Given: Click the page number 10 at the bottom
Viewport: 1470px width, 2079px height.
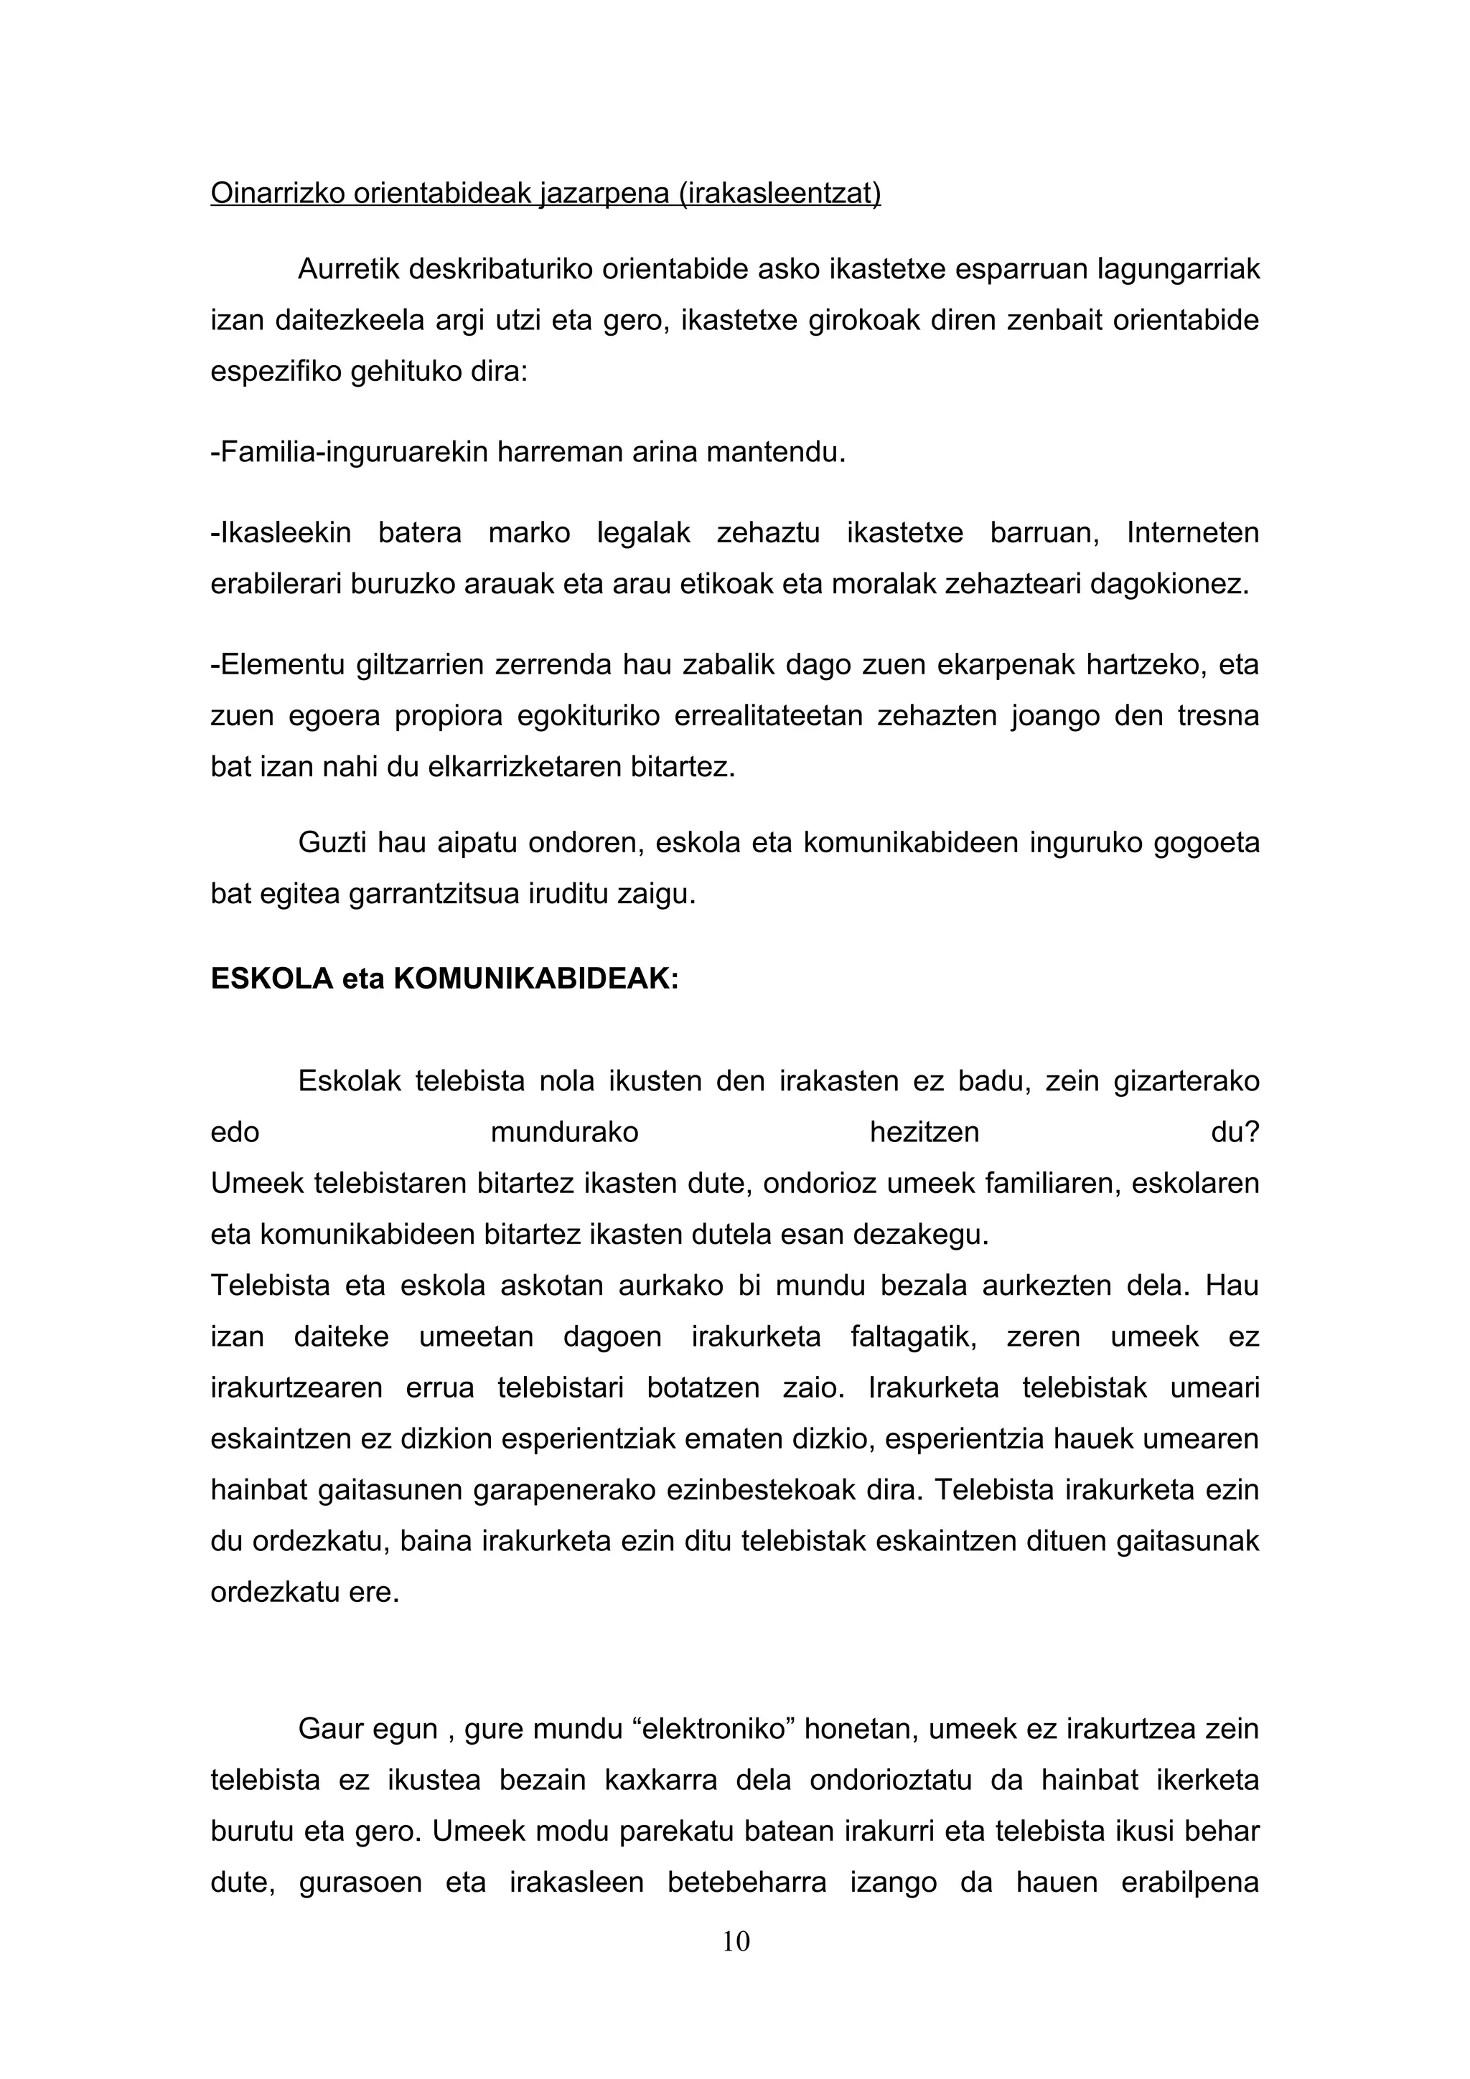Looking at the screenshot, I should click(x=736, y=1941).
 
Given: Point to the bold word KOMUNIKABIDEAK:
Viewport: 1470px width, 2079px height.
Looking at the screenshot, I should click(x=536, y=979).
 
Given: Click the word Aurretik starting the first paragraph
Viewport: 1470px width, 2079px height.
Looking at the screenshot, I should click(x=348, y=269).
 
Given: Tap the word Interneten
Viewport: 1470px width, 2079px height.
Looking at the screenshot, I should click(x=1193, y=532).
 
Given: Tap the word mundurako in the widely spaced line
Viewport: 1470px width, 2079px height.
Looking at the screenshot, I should click(x=564, y=1133).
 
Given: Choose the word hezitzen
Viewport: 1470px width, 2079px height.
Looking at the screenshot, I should click(x=924, y=1133).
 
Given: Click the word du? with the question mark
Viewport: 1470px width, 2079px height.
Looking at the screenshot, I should click(x=1235, y=1133).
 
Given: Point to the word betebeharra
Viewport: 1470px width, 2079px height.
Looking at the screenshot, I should click(x=746, y=1883).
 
